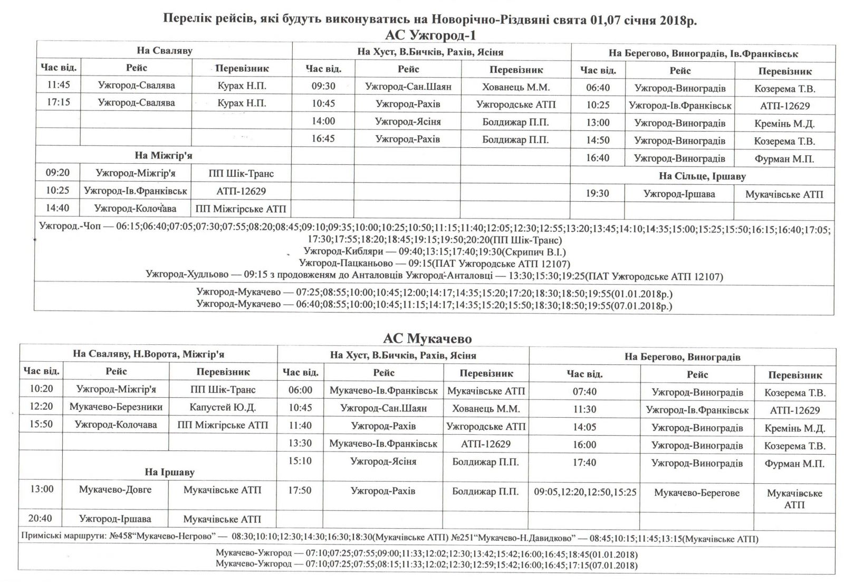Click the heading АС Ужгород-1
click(431, 35)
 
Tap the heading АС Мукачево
click(427, 338)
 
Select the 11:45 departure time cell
click(59, 85)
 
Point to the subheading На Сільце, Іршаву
click(702, 176)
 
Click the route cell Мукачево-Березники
click(116, 407)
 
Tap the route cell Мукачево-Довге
click(115, 490)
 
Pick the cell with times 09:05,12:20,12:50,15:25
click(585, 492)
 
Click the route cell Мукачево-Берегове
click(697, 493)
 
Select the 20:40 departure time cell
click(41, 519)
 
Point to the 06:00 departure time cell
click(300, 390)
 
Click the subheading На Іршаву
click(170, 472)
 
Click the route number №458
click(122, 539)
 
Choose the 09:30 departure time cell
click(323, 86)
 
